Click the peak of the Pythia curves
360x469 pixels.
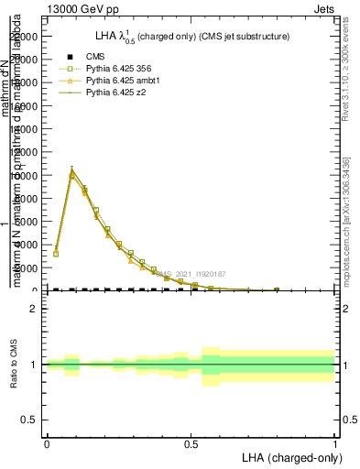click(71, 170)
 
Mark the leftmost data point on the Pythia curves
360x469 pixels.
click(56, 251)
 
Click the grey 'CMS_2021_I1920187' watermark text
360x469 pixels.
click(190, 274)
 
